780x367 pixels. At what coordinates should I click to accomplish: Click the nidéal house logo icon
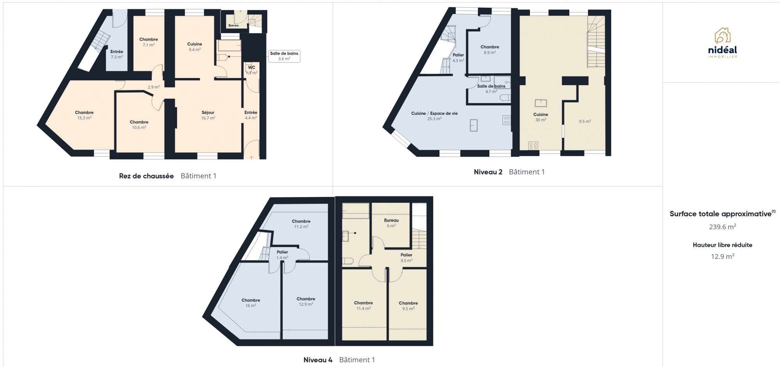[x=723, y=36]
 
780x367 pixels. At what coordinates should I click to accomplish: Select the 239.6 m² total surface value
[x=723, y=226]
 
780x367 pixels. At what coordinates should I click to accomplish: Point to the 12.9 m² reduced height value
[x=723, y=256]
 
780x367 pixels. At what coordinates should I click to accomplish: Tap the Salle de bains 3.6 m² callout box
[x=284, y=56]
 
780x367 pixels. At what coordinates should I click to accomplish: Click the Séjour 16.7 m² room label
[x=208, y=115]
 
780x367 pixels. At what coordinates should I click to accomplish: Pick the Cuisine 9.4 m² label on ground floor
[x=195, y=47]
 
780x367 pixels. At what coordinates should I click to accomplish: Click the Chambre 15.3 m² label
[x=84, y=115]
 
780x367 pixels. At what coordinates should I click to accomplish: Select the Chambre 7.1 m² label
[x=149, y=42]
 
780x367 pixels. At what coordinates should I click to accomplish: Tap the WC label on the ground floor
[x=252, y=68]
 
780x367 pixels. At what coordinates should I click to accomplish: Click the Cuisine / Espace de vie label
[x=434, y=113]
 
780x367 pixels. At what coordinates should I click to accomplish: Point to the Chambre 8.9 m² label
[x=490, y=50]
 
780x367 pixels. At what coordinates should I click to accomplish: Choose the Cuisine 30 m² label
[x=541, y=117]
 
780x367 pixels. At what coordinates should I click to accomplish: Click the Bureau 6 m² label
[x=391, y=223]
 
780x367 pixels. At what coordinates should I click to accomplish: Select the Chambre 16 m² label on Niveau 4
[x=251, y=303]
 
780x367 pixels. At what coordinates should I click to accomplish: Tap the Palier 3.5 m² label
[x=406, y=258]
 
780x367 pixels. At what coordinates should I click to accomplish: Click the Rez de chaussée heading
[x=146, y=176]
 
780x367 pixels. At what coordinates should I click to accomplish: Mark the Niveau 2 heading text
[x=488, y=172]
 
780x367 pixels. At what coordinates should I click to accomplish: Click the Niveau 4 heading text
[x=318, y=360]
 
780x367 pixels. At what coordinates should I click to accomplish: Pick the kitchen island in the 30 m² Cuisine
[x=541, y=103]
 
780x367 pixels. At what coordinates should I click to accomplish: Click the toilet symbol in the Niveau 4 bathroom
[x=348, y=261]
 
